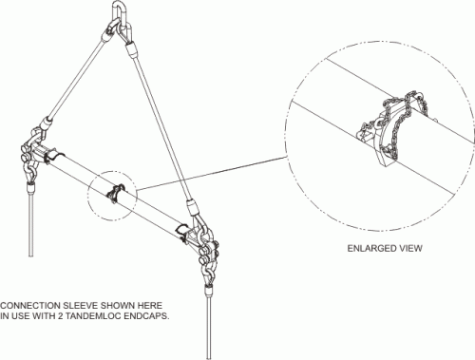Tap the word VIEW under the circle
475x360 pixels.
pos(411,248)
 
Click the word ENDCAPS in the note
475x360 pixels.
pos(146,316)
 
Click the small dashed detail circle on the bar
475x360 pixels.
pos(88,197)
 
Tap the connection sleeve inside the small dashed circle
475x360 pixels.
pos(115,193)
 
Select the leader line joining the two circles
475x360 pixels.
pos(212,173)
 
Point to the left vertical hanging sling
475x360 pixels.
pos(30,221)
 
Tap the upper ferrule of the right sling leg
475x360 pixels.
pos(131,50)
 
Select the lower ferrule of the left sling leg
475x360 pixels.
pos(46,122)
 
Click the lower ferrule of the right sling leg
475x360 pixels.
pos(193,207)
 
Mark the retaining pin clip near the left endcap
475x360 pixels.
pos(53,156)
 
